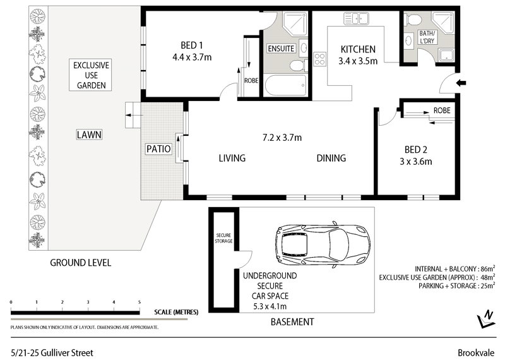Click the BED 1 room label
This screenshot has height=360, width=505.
[x=192, y=45]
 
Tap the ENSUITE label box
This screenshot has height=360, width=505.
[x=281, y=49]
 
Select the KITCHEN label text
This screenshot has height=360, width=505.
[x=358, y=49]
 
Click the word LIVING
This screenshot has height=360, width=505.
[x=232, y=158]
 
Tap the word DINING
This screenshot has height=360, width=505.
[x=331, y=158]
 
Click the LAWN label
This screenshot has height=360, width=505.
[x=89, y=135]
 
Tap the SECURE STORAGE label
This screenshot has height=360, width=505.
[x=224, y=237]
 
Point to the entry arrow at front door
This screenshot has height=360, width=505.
[x=460, y=82]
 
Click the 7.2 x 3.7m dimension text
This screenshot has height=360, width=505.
[x=282, y=138]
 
